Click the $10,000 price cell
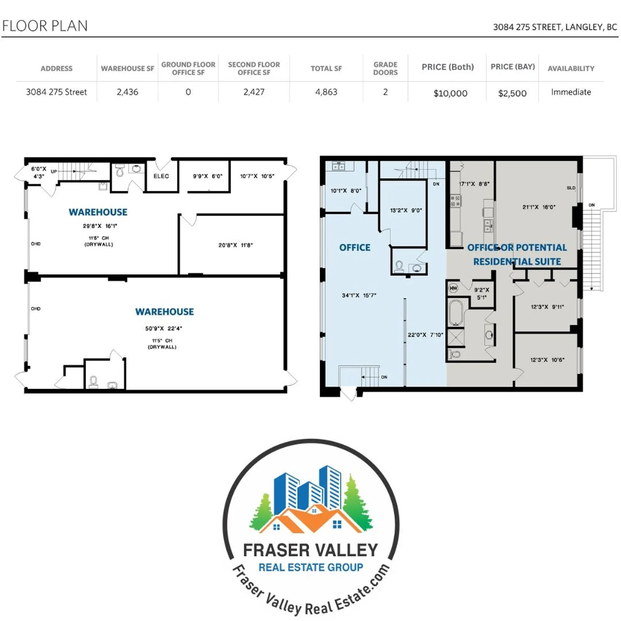tap(450, 93)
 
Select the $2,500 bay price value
tap(512, 93)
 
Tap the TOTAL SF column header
tap(326, 69)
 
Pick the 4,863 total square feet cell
tap(326, 92)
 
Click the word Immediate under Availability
tap(571, 92)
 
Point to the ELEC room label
tap(161, 176)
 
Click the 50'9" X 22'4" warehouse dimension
tap(164, 329)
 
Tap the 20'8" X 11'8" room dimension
tap(235, 245)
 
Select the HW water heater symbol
tap(453, 288)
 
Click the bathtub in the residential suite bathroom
tap(456, 313)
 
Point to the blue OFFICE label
tap(354, 248)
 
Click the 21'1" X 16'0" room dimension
tap(539, 207)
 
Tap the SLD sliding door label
tap(571, 188)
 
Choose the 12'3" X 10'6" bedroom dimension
tap(547, 360)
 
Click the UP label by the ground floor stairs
tap(54, 171)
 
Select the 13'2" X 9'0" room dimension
tap(406, 210)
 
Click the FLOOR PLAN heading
tap(45, 26)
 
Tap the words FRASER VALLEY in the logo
tap(310, 550)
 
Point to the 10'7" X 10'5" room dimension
tap(257, 176)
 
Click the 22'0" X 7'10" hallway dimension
tap(425, 335)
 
